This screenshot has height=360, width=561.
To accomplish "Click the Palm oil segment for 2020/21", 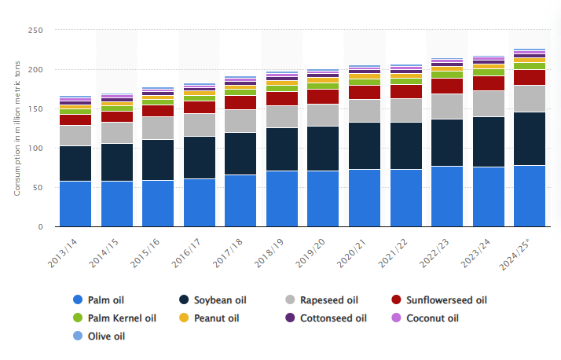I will [363, 198].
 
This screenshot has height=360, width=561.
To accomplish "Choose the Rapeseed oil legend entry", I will [322, 299].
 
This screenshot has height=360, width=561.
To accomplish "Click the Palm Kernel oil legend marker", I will [77, 318].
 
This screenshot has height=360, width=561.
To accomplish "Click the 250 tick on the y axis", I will [34, 31].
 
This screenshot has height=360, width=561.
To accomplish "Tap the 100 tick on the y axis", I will [34, 149].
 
